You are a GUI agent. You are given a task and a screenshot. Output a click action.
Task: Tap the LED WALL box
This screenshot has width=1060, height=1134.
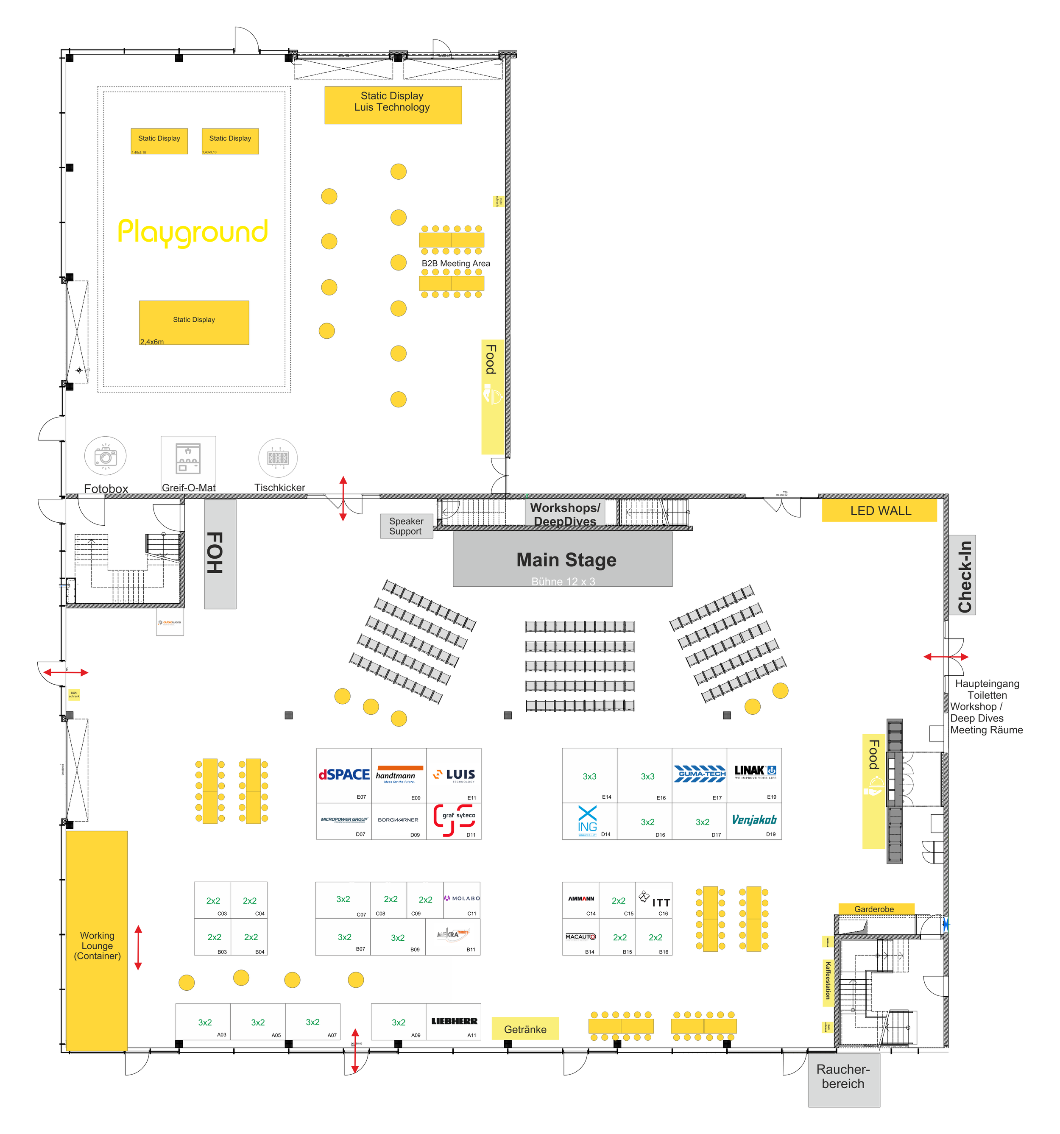[x=879, y=510]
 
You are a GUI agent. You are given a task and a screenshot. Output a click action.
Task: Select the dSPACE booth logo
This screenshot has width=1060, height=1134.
[x=344, y=775]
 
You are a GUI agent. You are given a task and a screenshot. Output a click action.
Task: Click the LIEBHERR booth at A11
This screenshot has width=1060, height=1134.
[x=454, y=1022]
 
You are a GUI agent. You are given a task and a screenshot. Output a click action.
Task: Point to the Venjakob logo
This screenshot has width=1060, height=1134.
[x=753, y=820]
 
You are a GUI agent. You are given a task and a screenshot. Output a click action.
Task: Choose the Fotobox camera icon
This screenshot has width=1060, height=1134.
[x=106, y=456]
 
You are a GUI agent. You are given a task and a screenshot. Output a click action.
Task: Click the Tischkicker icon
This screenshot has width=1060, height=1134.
[x=278, y=457]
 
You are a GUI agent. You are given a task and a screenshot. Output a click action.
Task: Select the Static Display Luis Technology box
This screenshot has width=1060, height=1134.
[x=393, y=105]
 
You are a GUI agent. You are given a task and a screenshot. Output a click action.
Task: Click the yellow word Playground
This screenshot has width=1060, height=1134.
[x=193, y=231]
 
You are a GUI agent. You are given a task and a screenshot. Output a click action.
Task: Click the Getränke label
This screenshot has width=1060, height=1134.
[x=525, y=1029]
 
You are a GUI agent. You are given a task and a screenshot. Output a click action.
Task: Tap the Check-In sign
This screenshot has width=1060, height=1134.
[x=962, y=576]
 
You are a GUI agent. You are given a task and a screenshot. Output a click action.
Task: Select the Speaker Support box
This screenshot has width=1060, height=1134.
[x=406, y=526]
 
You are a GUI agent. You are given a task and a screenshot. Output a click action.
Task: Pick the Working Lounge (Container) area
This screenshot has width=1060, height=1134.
[x=97, y=941]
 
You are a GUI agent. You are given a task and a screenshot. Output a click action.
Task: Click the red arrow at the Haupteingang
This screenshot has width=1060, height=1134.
[x=946, y=657]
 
